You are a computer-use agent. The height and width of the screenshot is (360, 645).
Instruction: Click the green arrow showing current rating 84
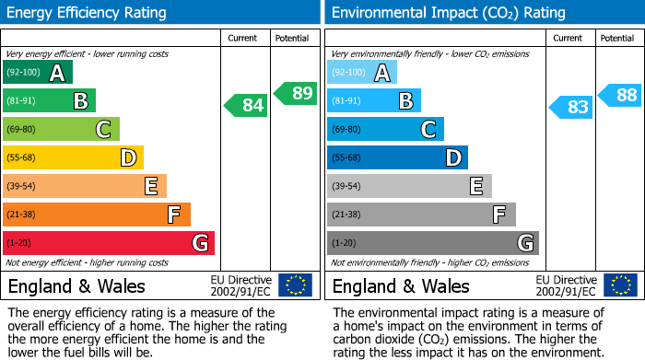247,105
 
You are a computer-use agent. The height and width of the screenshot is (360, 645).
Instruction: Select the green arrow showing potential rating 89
294,93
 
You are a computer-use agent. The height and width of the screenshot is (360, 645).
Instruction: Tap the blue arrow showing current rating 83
571,107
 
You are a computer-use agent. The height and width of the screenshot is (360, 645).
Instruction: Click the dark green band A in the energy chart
37,73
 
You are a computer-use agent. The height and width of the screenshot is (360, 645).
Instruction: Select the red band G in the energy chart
108,243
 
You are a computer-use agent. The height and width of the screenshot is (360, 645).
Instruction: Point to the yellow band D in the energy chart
73,157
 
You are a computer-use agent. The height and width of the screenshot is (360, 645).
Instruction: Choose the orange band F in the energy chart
96,215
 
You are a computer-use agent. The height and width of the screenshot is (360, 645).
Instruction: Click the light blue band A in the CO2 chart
361,73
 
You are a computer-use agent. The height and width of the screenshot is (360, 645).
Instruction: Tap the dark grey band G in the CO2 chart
432,243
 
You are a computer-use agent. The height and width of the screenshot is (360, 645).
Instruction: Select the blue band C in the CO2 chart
384,129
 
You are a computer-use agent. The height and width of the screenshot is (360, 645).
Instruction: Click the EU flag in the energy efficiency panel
296,285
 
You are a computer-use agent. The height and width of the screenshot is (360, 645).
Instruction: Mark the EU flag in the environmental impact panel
620,285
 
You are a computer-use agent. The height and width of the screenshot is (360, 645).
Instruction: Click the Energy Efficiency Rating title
88,13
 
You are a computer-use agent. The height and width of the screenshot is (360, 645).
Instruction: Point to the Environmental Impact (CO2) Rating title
447,13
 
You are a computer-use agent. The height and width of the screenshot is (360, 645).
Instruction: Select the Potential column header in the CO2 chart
616,38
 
